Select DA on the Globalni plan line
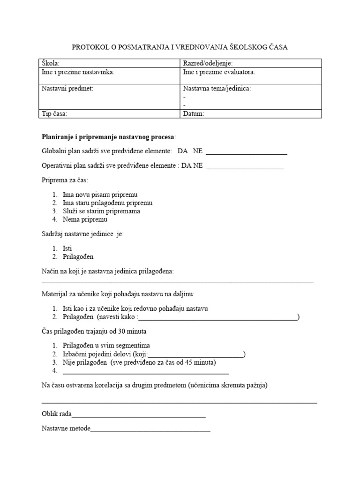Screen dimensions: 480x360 point(182,151)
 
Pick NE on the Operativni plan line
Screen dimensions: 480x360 point(198,165)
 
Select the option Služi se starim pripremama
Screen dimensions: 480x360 point(101,211)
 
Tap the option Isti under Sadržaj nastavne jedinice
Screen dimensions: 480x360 point(67,248)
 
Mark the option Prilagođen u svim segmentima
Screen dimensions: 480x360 point(106,345)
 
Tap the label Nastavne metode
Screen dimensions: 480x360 point(66,429)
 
